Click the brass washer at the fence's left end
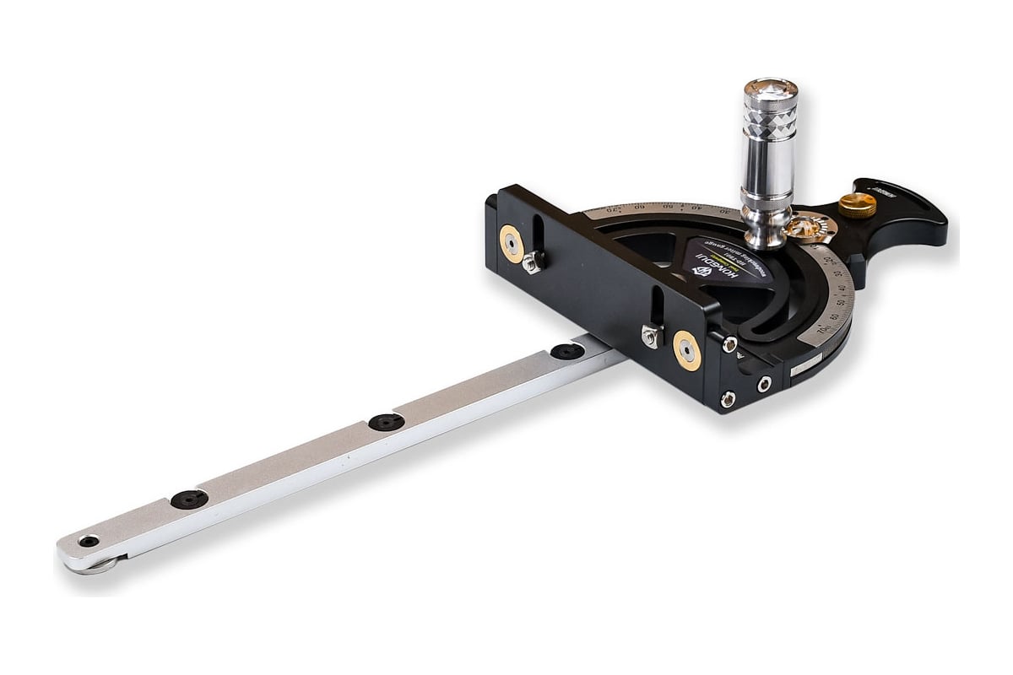[x=512, y=243]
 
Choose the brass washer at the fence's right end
[x=686, y=349]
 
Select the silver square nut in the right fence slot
[x=649, y=337]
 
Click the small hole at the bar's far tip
[x=88, y=541]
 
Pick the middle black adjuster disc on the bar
[x=386, y=422]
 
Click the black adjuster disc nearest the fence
[x=567, y=351]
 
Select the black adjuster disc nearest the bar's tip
[x=189, y=499]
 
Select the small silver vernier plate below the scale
[x=806, y=364]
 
